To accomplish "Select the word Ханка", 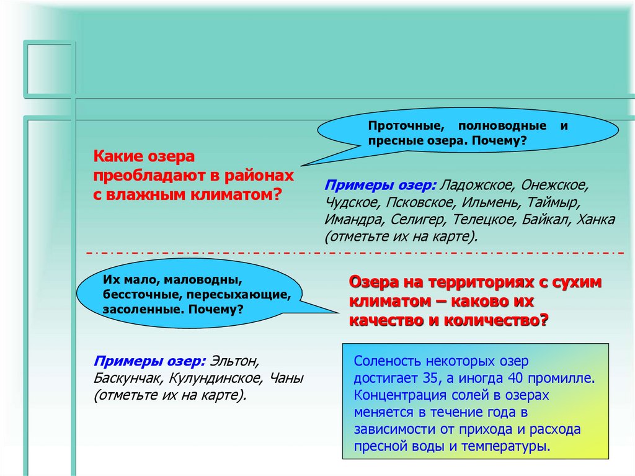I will [x=595, y=220].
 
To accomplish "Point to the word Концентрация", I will [x=397, y=394].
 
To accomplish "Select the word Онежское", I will [x=554, y=186].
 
